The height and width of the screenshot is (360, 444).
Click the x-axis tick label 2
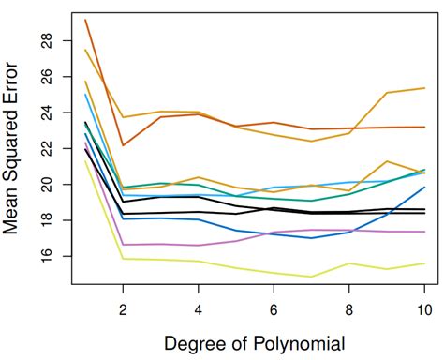tap(123, 307)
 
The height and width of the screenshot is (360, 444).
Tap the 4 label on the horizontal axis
tap(198, 307)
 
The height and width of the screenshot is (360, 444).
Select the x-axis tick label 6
tap(274, 307)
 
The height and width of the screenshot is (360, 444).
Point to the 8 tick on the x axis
tap(348, 307)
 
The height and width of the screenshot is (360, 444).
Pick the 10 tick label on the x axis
tap(423, 307)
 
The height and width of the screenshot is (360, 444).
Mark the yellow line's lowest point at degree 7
tap(311, 277)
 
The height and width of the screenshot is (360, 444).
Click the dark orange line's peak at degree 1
tap(85, 20)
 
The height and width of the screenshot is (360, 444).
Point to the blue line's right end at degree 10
tap(424, 187)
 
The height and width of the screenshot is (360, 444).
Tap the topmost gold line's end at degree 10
tap(424, 88)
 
